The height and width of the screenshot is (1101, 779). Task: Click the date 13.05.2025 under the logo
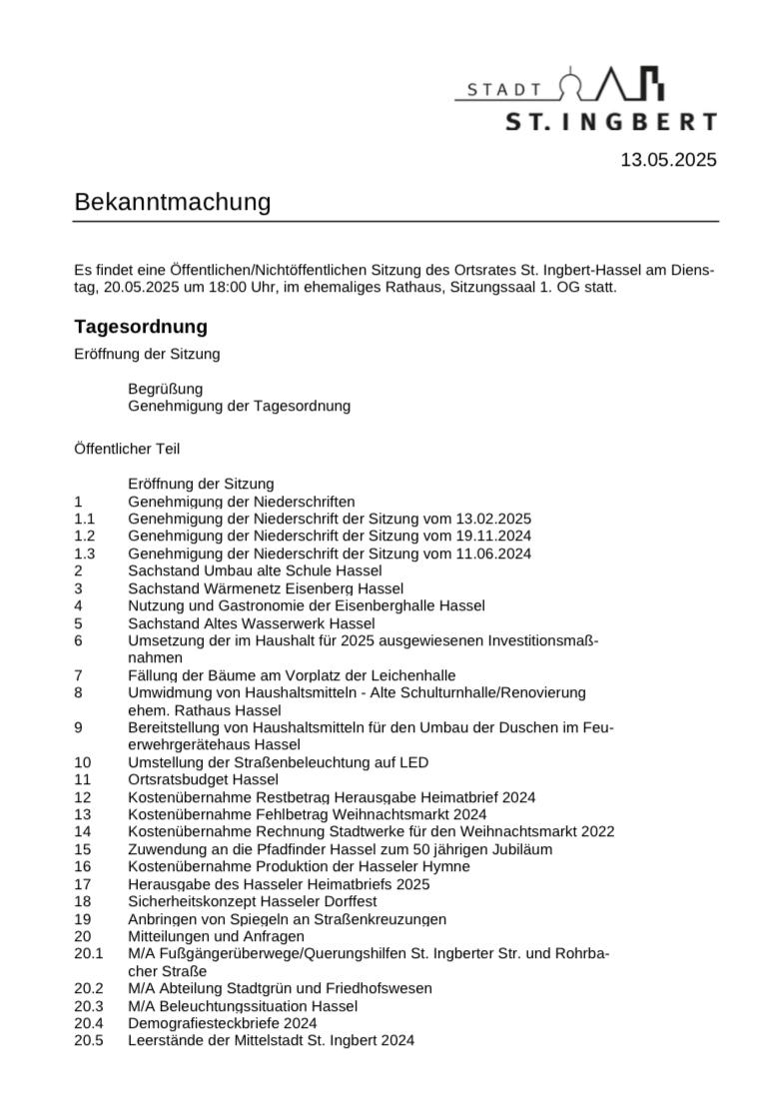[668, 160]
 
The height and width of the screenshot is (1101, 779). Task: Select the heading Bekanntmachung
[173, 202]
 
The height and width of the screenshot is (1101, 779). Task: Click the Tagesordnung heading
[141, 327]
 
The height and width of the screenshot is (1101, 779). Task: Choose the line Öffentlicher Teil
[127, 449]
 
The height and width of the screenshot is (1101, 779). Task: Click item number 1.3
[84, 553]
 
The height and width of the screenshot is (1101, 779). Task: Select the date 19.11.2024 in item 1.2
[493, 536]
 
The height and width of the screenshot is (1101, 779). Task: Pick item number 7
[78, 675]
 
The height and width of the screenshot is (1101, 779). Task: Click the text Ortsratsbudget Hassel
[204, 779]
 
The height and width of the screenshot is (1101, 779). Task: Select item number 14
[82, 831]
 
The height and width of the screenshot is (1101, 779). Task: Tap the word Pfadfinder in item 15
[280, 849]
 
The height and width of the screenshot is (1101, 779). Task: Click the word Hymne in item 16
[446, 866]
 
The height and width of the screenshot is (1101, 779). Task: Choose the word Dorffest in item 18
[348, 901]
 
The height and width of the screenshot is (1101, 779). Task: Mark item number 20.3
[88, 1006]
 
